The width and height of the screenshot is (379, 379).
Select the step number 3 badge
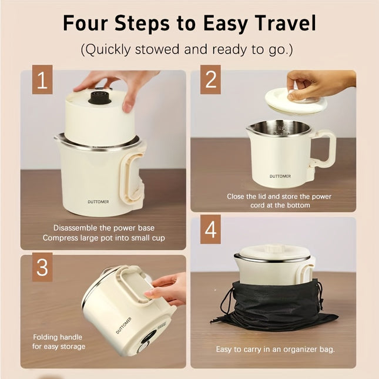coord(42,267)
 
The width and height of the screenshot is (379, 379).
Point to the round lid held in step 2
coord(296,99)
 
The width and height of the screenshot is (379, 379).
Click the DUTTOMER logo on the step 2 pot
coord(280,176)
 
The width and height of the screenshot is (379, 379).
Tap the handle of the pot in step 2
coord(324,150)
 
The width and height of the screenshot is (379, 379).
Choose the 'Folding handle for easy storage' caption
coord(58,342)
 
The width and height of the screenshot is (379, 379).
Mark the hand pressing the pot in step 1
coord(118,82)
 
